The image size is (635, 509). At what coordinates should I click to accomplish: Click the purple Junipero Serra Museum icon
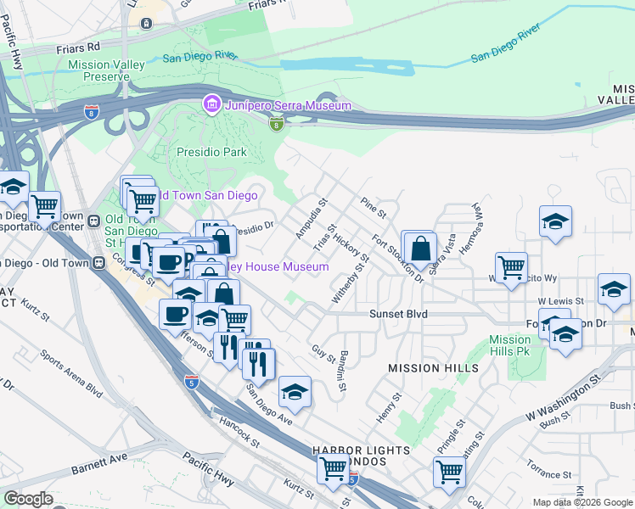click(x=210, y=105)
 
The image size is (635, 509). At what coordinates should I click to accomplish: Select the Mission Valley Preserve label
click(x=90, y=70)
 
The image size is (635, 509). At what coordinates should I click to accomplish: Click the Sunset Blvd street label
click(x=397, y=314)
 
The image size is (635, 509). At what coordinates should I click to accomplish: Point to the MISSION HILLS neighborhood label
click(x=428, y=368)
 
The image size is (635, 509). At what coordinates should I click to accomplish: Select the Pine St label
click(x=373, y=206)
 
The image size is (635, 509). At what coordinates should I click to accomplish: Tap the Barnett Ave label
click(x=99, y=464)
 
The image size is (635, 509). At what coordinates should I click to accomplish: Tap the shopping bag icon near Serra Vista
click(x=420, y=249)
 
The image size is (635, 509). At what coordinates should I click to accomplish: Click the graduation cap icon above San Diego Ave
click(x=295, y=392)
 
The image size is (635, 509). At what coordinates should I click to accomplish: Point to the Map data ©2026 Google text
click(x=582, y=502)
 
